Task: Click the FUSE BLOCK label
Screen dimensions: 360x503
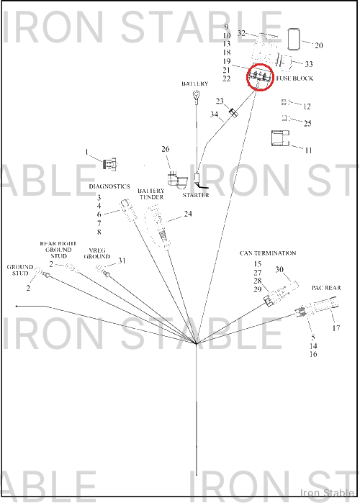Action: coord(294,78)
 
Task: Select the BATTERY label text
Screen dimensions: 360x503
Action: coord(194,83)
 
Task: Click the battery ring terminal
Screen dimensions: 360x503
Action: coord(196,95)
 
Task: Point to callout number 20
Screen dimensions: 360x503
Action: coord(319,45)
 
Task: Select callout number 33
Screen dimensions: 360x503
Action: coord(309,64)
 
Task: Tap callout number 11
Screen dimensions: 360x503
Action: coord(308,150)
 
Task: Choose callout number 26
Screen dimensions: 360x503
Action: coord(166,149)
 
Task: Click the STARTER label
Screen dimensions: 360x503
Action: coord(196,195)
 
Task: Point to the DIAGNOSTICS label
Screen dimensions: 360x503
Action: coord(109,186)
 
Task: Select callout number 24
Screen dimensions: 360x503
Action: coord(188,214)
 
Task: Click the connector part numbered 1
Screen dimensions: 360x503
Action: coord(109,164)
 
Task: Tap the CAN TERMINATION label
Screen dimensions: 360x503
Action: coord(268,253)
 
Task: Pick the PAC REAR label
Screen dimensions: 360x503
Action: coord(326,288)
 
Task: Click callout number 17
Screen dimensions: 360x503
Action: coord(336,328)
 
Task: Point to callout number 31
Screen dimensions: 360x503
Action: coord(122,260)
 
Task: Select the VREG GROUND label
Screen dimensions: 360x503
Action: coord(97,253)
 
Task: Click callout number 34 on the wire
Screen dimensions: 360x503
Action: coord(214,114)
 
